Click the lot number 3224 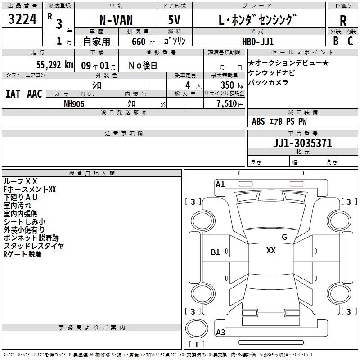[22, 19]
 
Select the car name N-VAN [116, 20]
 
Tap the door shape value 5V [174, 20]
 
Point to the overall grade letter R [343, 21]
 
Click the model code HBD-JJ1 [258, 41]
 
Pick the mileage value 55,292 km [55, 65]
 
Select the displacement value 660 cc [143, 42]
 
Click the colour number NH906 [74, 104]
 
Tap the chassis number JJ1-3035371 [302, 143]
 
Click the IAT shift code [13, 94]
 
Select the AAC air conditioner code [35, 94]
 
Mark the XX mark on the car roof [271, 251]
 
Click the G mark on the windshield [284, 237]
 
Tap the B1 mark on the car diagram [215, 252]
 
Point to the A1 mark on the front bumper [220, 184]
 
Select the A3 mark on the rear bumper [220, 332]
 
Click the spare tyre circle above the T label [197, 328]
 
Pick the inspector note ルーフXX [20, 181]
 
